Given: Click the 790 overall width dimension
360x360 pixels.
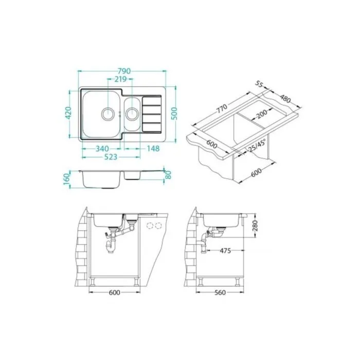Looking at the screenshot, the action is (x=124, y=71).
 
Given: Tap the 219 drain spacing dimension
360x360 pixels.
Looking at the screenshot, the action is (x=120, y=79).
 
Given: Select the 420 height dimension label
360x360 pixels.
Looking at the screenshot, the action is (x=68, y=112).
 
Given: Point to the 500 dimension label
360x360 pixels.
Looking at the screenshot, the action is (x=174, y=114).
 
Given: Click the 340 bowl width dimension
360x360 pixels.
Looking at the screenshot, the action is (x=102, y=149).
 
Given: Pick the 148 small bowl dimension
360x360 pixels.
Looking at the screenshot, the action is (x=153, y=149).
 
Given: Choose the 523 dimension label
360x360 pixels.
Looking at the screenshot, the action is (x=111, y=157).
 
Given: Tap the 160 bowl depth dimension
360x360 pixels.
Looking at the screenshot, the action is (x=66, y=179).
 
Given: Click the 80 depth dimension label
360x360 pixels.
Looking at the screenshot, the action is (x=168, y=175).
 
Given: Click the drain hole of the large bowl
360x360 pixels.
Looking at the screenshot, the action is (x=107, y=113).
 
